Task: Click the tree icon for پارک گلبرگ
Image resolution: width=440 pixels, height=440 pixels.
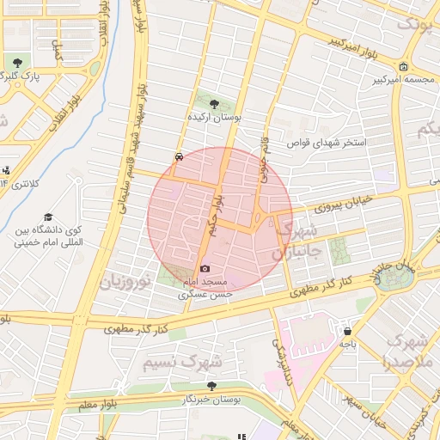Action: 17,63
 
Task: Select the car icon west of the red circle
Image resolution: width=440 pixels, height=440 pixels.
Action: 178,157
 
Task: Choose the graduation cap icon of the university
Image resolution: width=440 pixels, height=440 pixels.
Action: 48,217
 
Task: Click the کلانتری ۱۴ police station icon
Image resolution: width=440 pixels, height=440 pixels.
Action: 6,170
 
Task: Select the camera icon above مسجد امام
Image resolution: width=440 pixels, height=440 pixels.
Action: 205,269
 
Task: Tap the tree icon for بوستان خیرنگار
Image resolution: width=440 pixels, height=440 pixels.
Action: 211,386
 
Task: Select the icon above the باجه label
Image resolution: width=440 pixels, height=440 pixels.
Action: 347,330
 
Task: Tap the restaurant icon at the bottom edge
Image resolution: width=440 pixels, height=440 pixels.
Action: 240,436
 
